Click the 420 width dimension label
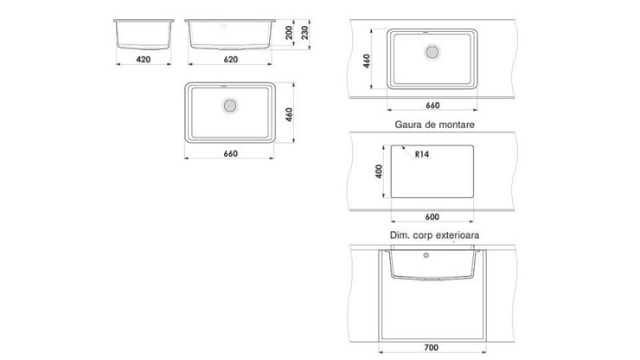pyautogui.click(x=144, y=59)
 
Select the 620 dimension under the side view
pyautogui.click(x=231, y=59)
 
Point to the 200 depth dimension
pyautogui.click(x=289, y=33)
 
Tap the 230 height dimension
pyautogui.click(x=305, y=33)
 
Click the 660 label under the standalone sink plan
pyautogui.click(x=231, y=154)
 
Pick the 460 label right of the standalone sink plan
pyautogui.click(x=289, y=114)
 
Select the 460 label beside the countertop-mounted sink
pyautogui.click(x=367, y=61)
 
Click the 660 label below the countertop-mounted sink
pyautogui.click(x=432, y=106)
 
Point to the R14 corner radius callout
pyautogui.click(x=422, y=154)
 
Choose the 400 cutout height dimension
pyautogui.click(x=379, y=171)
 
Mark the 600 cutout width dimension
pyautogui.click(x=432, y=217)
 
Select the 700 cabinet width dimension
pyautogui.click(x=432, y=348)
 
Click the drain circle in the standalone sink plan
pyautogui.click(x=230, y=106)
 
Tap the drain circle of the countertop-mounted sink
pyautogui.click(x=432, y=52)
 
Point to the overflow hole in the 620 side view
pyautogui.click(x=224, y=26)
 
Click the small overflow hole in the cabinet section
pyautogui.click(x=426, y=255)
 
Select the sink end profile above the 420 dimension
pyautogui.click(x=144, y=35)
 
